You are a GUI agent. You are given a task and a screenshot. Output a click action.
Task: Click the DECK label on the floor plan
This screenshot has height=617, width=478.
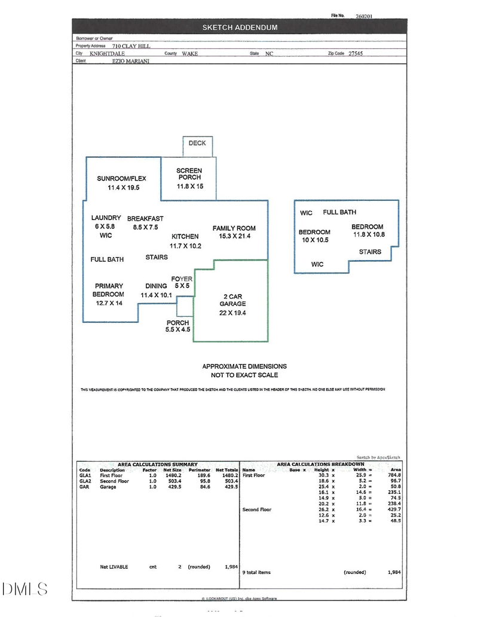point(197,143)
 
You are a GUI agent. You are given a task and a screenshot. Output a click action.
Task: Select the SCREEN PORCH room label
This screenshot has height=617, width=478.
point(189,174)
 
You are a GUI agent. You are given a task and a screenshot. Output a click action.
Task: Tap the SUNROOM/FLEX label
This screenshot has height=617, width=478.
point(121,178)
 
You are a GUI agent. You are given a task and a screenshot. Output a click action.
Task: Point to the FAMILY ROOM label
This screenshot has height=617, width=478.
point(234,228)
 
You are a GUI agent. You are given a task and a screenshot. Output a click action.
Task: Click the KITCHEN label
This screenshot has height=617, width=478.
point(185,237)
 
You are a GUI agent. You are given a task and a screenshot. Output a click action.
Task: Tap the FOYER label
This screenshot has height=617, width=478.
point(182,279)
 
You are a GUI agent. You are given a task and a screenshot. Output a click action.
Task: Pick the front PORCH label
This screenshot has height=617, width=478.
point(178,323)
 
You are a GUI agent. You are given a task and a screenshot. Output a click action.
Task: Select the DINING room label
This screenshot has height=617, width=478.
point(156,286)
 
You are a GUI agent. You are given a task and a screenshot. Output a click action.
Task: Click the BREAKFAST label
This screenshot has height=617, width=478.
point(145,219)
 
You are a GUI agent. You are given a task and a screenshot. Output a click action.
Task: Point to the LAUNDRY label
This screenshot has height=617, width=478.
point(106,218)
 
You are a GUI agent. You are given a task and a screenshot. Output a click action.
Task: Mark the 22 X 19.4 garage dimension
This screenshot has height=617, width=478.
point(233,313)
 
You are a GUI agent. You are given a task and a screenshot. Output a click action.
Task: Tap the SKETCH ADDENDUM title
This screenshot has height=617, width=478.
point(240,28)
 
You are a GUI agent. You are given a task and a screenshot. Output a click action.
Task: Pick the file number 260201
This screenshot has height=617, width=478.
point(364,16)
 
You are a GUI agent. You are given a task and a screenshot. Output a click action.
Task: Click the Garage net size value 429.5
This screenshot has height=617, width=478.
point(173,487)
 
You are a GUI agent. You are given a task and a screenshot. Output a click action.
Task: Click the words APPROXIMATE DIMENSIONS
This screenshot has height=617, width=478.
point(244,366)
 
